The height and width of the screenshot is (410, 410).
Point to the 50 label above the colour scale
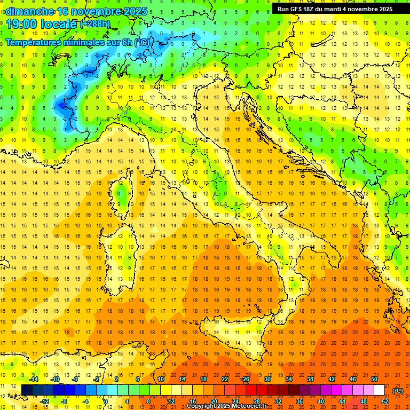[x=374, y=379]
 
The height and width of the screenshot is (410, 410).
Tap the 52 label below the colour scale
[x=385, y=401]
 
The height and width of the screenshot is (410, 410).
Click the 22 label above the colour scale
[x=225, y=379]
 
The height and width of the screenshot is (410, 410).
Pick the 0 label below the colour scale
[x=106, y=401]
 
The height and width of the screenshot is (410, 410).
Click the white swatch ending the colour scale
[x=380, y=390]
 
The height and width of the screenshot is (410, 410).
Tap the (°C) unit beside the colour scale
[x=398, y=391]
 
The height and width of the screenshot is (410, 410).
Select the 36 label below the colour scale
[x=299, y=401]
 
